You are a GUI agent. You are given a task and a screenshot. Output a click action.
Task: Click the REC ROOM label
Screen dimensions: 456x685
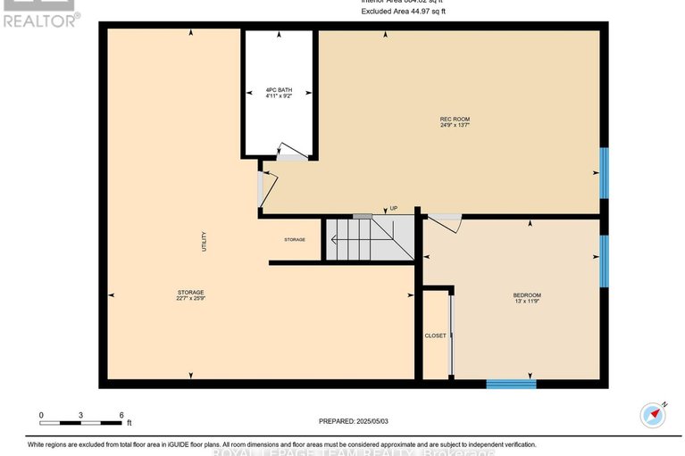coord(455,119)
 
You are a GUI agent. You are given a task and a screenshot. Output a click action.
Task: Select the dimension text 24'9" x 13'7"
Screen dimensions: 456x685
coord(455,126)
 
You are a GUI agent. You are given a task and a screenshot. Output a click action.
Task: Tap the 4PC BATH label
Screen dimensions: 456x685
coord(279,90)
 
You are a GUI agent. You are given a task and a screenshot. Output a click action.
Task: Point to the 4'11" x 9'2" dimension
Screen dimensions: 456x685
coord(279,96)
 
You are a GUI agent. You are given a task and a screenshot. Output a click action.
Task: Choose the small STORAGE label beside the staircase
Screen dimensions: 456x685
coord(295,239)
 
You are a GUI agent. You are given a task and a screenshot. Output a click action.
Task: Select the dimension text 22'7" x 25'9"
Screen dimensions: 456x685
coord(190,300)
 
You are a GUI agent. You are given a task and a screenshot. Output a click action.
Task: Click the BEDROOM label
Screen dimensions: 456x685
coord(526,295)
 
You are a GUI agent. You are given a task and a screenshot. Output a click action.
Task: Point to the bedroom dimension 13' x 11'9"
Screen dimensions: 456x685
coord(526,303)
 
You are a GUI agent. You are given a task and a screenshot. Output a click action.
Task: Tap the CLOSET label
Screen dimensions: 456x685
coord(435,336)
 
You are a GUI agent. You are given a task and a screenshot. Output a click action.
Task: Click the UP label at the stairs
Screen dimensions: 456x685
coord(393,209)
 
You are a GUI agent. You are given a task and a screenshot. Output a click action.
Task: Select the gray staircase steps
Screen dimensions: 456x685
coord(368,238)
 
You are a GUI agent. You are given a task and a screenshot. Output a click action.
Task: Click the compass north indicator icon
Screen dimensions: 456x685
coord(655,414)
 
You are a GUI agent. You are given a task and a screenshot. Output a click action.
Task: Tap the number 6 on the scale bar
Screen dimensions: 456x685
coord(121,415)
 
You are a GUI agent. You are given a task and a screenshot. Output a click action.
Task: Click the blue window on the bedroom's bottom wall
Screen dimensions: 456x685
coord(511,384)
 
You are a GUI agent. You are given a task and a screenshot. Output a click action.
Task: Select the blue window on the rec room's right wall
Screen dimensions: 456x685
coord(605,172)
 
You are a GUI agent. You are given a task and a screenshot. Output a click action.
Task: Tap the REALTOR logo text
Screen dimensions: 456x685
coord(40,20)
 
